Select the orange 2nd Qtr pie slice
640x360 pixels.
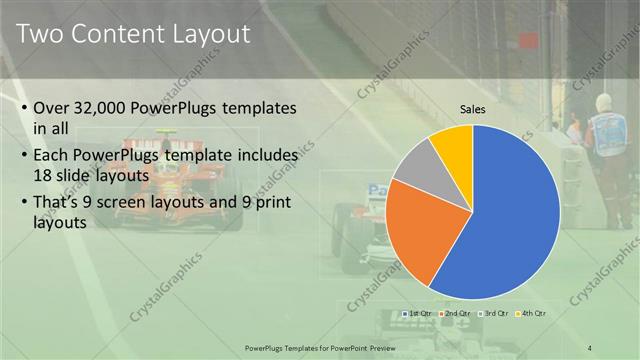point(420,230)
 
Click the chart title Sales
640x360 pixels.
point(473,109)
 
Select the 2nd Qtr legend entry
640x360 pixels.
point(456,314)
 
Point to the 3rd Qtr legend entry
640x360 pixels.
point(494,314)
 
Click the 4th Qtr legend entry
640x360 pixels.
point(531,314)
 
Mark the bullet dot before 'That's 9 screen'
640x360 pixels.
point(23,206)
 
